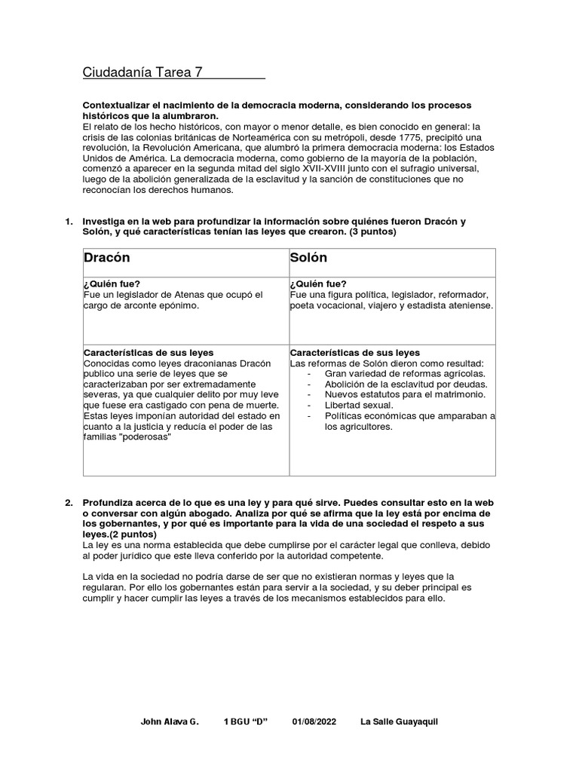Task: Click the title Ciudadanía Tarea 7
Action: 142,72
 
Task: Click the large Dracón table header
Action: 107,258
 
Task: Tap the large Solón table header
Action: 308,258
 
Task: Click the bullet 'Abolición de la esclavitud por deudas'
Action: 404,384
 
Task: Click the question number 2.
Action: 69,502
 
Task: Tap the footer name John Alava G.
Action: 170,721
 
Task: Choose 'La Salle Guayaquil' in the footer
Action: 399,721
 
